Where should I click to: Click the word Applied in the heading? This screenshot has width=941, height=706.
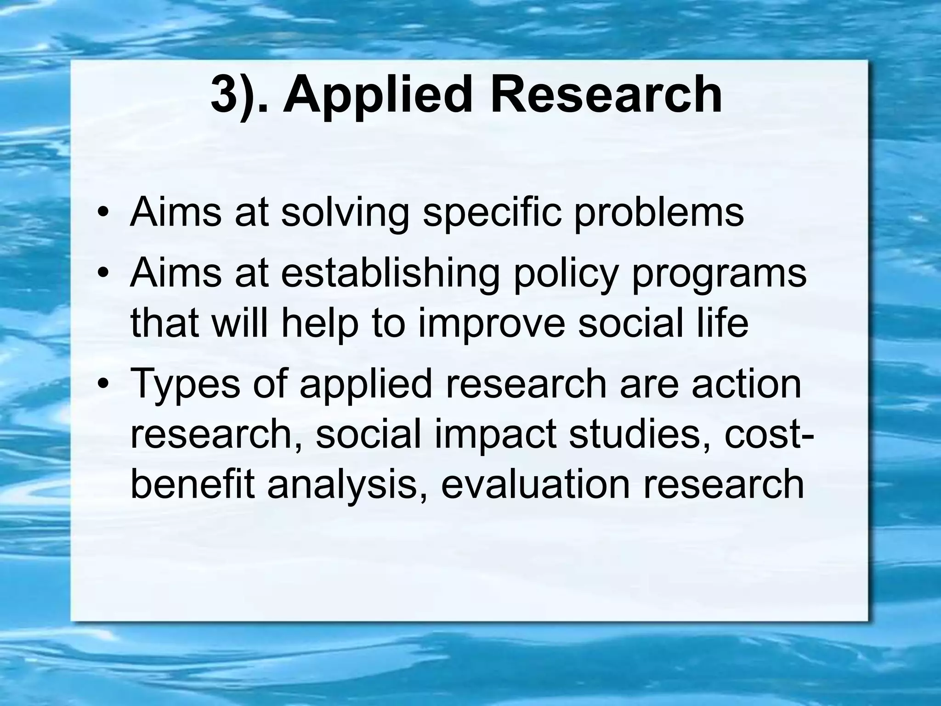point(377,97)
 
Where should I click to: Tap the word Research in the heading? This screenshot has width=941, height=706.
point(606,95)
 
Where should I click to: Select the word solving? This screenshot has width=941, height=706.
point(345,213)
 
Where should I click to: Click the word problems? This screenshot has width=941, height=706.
point(658,213)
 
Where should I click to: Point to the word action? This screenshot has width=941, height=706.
point(747,383)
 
